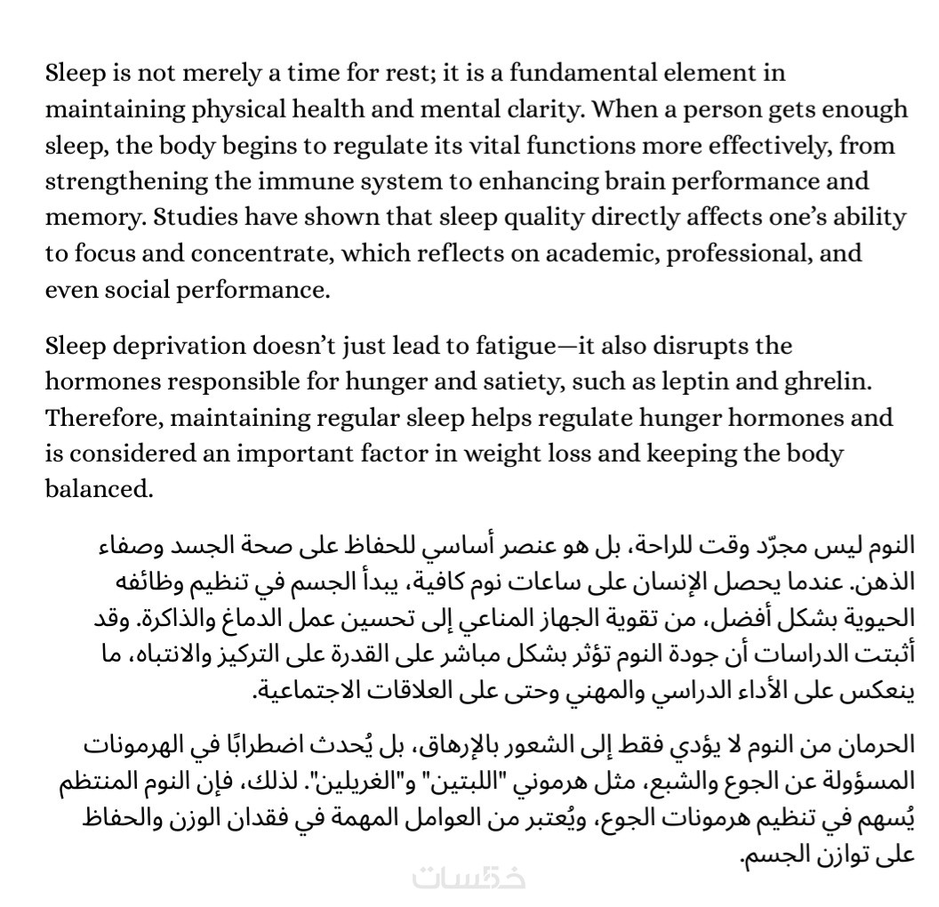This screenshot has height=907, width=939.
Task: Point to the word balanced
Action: coord(99,490)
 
